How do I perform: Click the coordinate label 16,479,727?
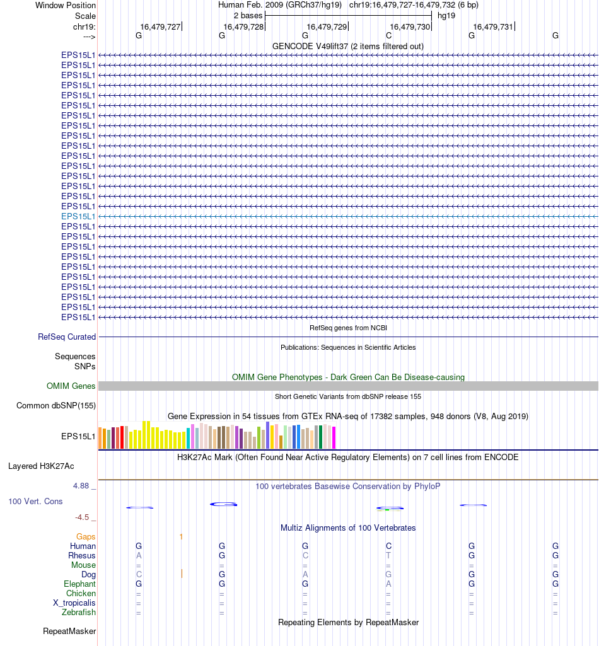[160, 26]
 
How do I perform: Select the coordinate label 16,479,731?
[493, 26]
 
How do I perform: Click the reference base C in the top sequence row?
[388, 36]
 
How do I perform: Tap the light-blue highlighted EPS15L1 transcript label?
[78, 216]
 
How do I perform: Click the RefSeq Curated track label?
[67, 337]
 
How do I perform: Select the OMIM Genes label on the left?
[71, 386]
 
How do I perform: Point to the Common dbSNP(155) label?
[56, 406]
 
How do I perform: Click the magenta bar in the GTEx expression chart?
[334, 437]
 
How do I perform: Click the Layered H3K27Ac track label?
[41, 467]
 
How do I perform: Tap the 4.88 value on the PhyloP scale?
[81, 486]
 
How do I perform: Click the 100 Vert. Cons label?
[35, 502]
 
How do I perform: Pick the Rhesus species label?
[82, 556]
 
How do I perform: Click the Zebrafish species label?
[79, 613]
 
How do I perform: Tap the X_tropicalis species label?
[74, 603]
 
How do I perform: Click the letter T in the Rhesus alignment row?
[388, 556]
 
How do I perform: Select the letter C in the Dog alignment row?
[139, 575]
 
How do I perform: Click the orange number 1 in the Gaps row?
[181, 537]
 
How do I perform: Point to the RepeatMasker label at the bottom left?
[69, 631]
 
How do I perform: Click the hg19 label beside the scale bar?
[446, 16]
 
